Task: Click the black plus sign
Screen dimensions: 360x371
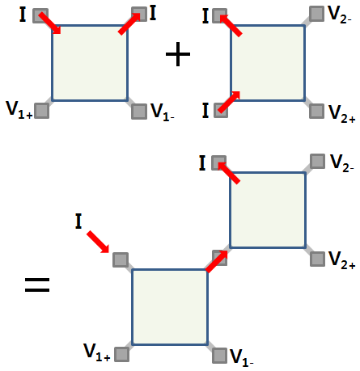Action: [178, 54]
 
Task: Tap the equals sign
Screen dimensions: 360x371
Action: [37, 285]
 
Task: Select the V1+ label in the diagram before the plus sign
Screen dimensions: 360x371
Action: [19, 110]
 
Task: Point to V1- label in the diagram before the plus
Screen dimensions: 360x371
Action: [163, 112]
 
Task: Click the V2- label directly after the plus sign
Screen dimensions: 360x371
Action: [340, 15]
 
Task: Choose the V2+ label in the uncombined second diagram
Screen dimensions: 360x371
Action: [341, 114]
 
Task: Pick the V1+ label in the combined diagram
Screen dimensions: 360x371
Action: [97, 352]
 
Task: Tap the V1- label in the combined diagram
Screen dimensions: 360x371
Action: [242, 358]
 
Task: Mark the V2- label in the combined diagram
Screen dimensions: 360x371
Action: [342, 163]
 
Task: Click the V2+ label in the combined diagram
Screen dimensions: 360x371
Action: [341, 260]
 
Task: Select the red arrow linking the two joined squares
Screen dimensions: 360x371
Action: [217, 261]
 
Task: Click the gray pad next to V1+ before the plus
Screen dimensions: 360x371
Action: [42, 111]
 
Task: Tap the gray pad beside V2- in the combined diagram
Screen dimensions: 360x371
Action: [317, 161]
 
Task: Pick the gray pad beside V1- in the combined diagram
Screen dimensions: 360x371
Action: [219, 356]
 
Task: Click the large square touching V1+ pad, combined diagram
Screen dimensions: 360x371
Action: [170, 307]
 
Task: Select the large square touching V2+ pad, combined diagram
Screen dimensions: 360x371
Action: [268, 210]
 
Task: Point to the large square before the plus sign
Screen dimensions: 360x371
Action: [90, 63]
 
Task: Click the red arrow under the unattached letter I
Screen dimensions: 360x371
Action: [98, 242]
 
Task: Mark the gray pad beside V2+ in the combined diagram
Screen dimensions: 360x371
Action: [317, 259]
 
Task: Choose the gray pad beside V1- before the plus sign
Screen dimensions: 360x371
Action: [139, 112]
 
